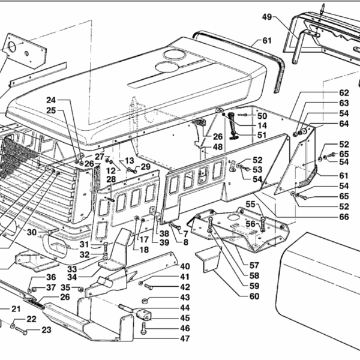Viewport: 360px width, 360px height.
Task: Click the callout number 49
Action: coord(267,17)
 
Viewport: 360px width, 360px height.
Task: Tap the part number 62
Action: coord(344,93)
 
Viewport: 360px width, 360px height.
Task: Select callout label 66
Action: coord(344,217)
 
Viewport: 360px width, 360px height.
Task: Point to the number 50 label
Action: coord(262,116)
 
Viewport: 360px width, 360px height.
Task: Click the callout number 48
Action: coord(217,146)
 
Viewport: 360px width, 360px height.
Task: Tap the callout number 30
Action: coord(32,232)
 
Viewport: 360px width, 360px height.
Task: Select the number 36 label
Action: coord(51,277)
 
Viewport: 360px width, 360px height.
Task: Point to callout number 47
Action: coord(185,339)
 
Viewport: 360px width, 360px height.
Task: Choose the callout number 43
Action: coord(185,298)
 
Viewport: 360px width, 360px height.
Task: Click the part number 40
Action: coord(185,266)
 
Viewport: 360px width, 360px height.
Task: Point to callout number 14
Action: coord(262,125)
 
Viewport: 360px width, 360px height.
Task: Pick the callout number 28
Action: coord(111,180)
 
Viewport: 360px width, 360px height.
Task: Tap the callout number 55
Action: coord(250,205)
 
